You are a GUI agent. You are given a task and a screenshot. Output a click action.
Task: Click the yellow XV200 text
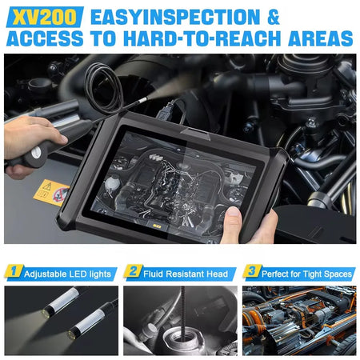(x=45, y=17)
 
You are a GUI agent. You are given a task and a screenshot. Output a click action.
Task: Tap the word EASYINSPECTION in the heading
(x=175, y=17)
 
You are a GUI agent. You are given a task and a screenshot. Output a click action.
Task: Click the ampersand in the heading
(x=273, y=17)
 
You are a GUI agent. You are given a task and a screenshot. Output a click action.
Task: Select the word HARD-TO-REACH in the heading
(x=202, y=38)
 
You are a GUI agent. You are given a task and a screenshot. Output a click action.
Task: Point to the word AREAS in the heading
(x=321, y=38)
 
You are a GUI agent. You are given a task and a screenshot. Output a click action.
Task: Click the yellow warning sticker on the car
(x=51, y=192)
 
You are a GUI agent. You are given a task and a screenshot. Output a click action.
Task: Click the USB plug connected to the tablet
(x=163, y=110)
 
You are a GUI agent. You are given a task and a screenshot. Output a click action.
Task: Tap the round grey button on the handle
(x=36, y=153)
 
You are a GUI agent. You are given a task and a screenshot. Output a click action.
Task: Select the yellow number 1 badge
(x=13, y=271)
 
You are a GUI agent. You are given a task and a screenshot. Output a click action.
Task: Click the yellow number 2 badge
(x=133, y=271)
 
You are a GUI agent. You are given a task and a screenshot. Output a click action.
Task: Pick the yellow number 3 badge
(x=251, y=271)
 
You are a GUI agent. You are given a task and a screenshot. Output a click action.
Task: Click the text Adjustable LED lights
(x=67, y=274)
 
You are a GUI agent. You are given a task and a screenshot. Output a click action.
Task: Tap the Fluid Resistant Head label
(x=186, y=274)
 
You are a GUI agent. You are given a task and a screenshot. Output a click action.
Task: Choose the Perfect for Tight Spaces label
(x=306, y=274)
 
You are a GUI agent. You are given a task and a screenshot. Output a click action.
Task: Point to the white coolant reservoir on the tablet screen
(x=111, y=184)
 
